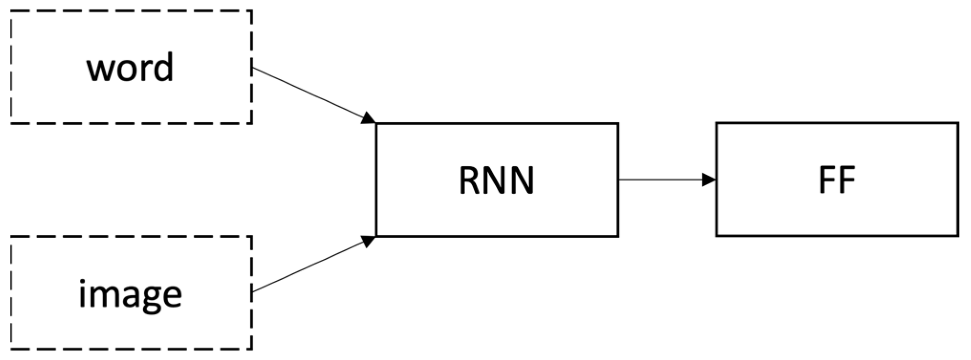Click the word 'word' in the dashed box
click(x=130, y=67)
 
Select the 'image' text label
click(x=130, y=295)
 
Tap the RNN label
click(x=497, y=181)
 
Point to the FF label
click(x=837, y=181)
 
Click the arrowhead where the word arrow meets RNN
click(x=369, y=118)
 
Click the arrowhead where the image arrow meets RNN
click(x=369, y=241)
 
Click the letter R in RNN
click(x=469, y=181)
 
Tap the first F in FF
click(x=827, y=181)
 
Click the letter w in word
click(x=98, y=70)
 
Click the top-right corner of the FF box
click(x=958, y=124)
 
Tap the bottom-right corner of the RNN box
click(x=618, y=236)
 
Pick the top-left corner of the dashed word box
click(x=11, y=11)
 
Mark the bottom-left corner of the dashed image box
click(x=11, y=349)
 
